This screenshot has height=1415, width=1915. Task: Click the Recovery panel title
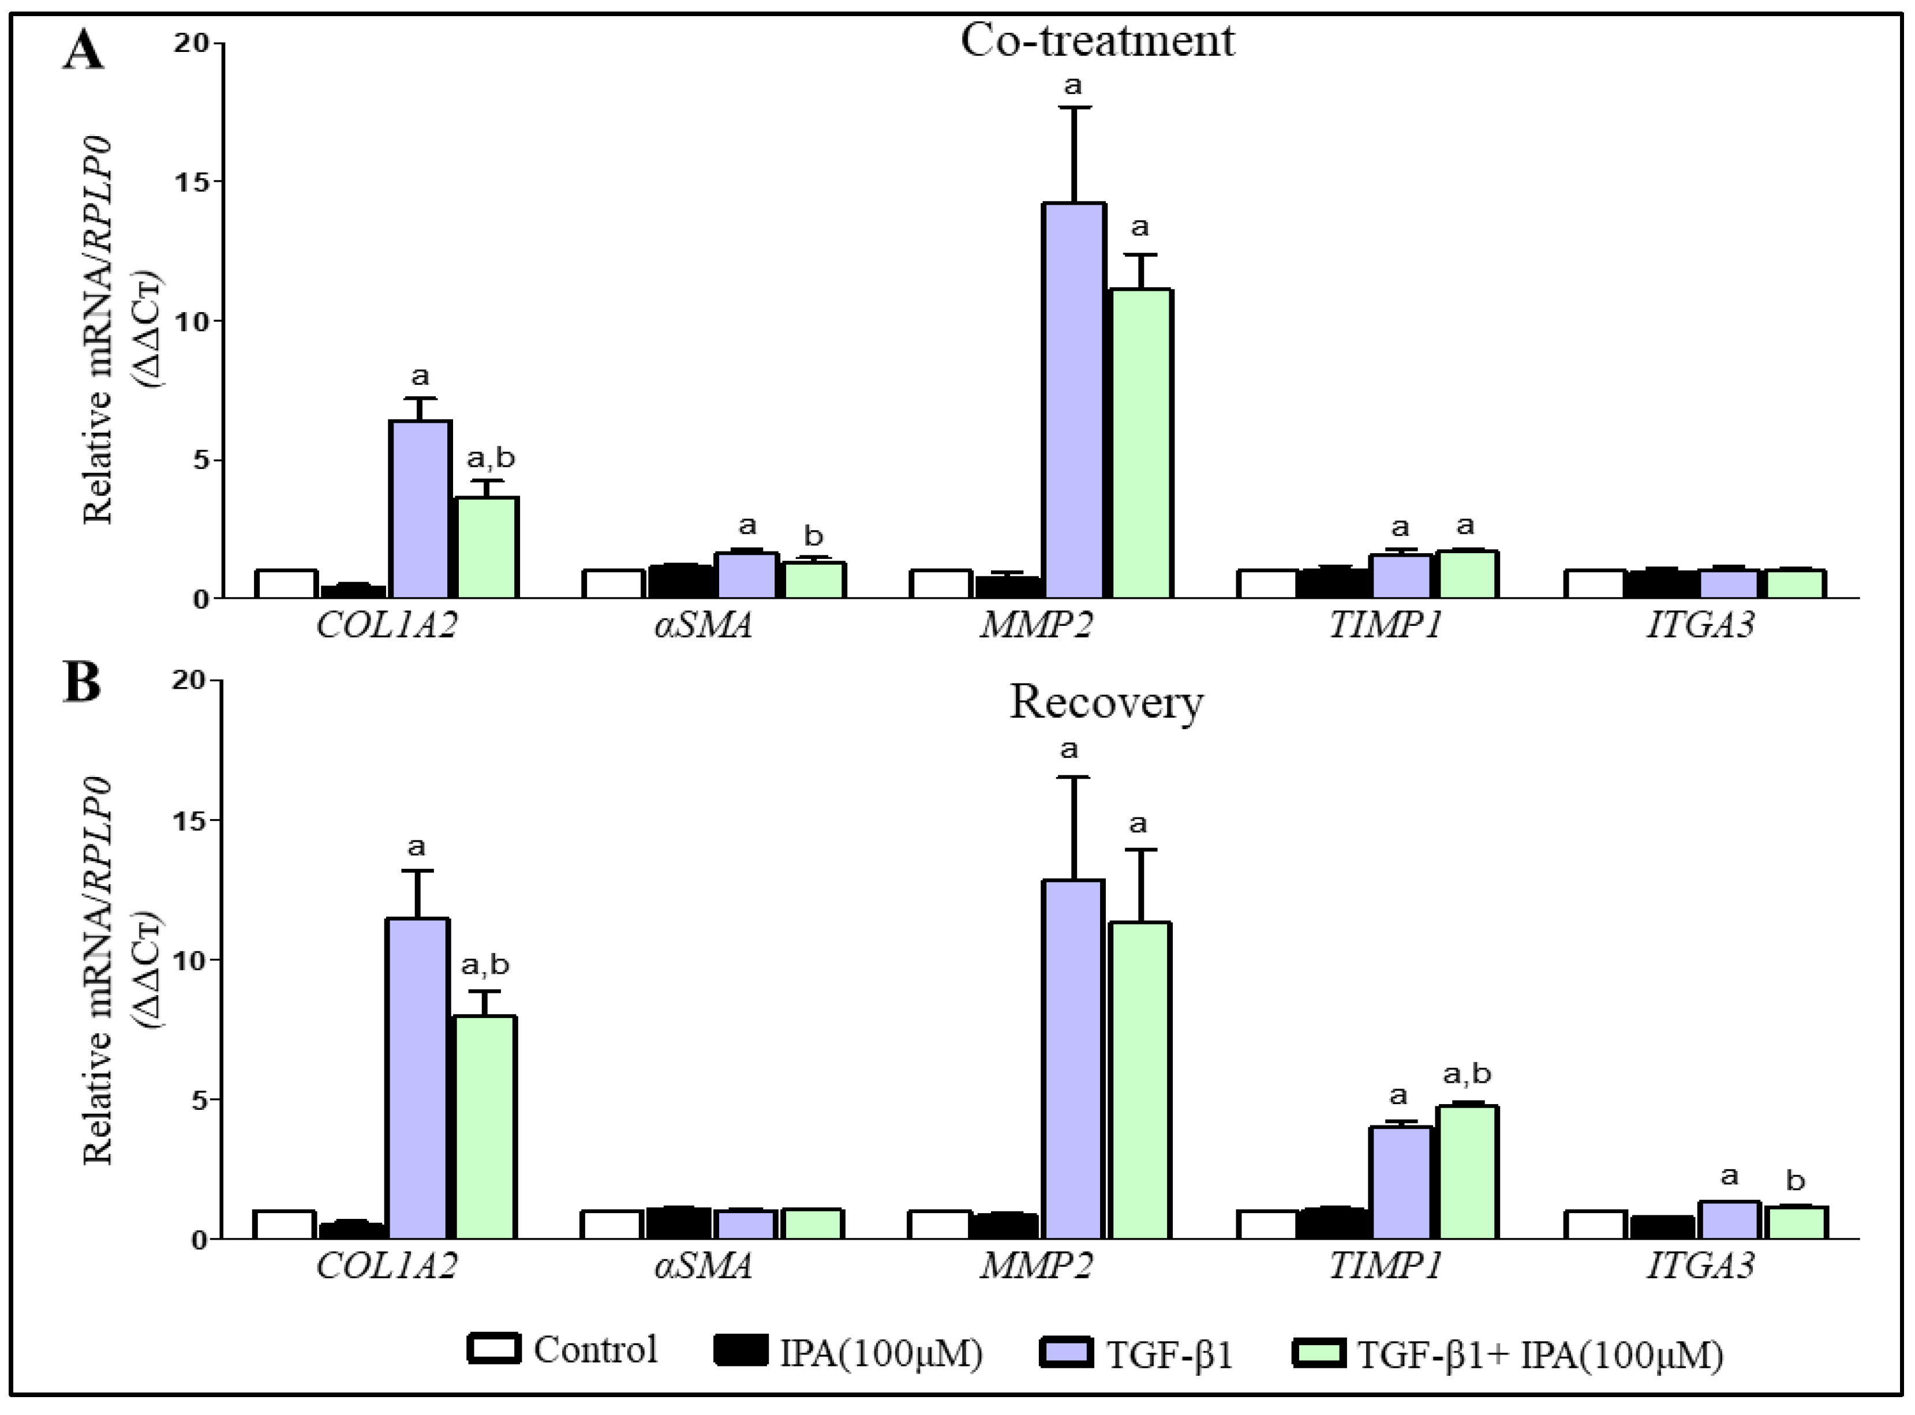point(1106,703)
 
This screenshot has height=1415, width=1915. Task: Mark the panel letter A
point(83,51)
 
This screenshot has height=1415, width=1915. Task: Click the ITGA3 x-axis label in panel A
point(1699,625)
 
